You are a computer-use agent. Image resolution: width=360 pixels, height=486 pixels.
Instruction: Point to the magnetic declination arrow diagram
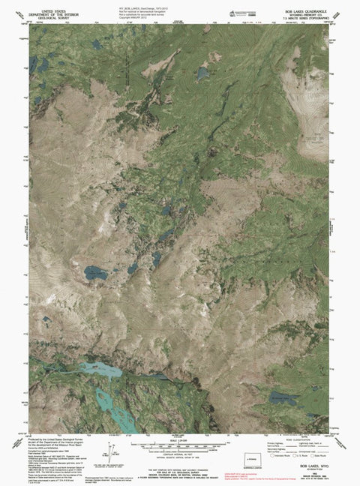111,451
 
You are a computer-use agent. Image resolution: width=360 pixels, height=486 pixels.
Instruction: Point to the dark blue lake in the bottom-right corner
285,397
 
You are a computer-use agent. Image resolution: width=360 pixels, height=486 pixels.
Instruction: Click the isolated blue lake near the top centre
202,73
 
